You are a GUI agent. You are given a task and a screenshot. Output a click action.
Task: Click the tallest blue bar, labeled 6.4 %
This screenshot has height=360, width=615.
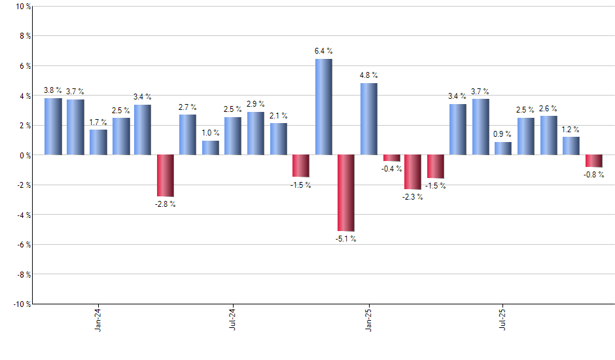pyautogui.click(x=323, y=107)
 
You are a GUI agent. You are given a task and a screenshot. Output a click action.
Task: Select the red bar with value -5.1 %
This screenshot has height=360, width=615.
pyautogui.click(x=346, y=192)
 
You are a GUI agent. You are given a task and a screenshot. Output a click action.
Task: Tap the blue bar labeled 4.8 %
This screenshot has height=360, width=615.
pyautogui.click(x=368, y=118)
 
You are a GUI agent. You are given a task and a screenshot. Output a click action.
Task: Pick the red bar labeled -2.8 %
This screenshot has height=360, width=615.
pyautogui.click(x=166, y=175)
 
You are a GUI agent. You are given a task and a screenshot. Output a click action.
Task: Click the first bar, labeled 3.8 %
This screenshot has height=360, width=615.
pyautogui.click(x=53, y=126)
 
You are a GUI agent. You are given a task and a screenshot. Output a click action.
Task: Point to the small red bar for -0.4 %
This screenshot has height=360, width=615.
pyautogui.click(x=391, y=158)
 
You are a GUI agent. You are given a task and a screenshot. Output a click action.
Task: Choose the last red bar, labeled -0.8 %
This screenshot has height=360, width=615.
pyautogui.click(x=594, y=161)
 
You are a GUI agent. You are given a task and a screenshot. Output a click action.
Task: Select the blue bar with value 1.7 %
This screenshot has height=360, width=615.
pyautogui.click(x=98, y=142)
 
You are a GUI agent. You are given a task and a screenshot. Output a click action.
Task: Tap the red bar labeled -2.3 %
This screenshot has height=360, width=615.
pyautogui.click(x=413, y=172)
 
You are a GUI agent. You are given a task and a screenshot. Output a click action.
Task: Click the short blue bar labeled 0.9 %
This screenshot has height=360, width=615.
pyautogui.click(x=503, y=148)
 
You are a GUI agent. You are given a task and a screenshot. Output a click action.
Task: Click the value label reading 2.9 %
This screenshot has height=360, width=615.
pyautogui.click(x=255, y=105)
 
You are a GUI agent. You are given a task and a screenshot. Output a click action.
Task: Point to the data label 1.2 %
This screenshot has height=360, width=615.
pyautogui.click(x=571, y=130)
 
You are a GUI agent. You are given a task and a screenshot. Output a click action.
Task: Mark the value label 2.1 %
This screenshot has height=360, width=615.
pyautogui.click(x=278, y=116)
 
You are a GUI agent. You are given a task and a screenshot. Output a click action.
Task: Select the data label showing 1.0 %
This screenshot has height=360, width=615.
pyautogui.click(x=211, y=134)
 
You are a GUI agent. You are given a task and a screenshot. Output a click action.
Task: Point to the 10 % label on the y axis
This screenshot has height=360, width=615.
pyautogui.click(x=22, y=7)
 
